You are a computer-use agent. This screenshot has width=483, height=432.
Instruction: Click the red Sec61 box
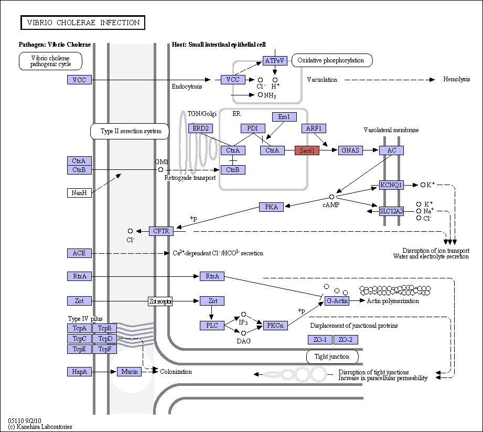pos(307,150)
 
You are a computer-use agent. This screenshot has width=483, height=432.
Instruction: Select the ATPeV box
pos(275,61)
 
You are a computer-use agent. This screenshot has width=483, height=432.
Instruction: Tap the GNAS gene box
pos(350,150)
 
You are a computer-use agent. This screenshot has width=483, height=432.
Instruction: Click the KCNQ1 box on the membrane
pos(391,185)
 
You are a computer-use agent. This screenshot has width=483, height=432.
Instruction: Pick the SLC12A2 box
pos(391,211)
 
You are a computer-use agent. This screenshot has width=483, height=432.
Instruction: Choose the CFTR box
pos(161,231)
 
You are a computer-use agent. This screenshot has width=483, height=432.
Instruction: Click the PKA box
pos(271,207)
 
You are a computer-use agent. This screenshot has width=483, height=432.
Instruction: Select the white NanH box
pos(79,193)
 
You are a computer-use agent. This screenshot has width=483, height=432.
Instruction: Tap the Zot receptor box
pos(160,301)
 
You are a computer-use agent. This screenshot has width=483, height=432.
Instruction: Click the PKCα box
pos(275,326)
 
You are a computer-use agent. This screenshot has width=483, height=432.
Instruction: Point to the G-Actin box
pos(337,301)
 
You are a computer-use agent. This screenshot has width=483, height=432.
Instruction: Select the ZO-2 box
pos(346,340)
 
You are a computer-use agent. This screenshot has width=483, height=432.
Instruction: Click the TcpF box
pos(105,349)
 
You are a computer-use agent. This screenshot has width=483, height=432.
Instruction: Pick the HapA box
pos(79,372)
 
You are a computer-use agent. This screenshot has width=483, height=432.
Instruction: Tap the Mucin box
pos(130,372)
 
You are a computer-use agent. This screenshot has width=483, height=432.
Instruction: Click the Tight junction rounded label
pos(332,357)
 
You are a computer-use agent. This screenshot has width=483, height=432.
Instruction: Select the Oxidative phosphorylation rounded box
pos(332,60)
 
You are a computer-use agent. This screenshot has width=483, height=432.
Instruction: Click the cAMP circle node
pos(331,197)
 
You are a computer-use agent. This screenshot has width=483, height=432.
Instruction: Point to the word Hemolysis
pos(456,79)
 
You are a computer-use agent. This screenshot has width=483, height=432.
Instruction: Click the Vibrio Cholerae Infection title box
pos(83,23)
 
